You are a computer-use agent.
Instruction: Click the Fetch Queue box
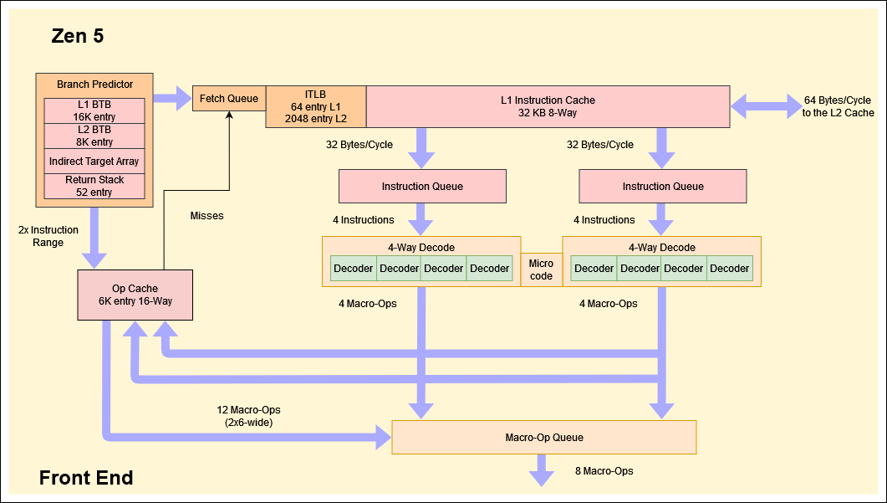(x=229, y=99)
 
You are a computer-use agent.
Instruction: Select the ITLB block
(x=315, y=106)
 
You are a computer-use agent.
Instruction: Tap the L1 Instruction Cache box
(x=548, y=106)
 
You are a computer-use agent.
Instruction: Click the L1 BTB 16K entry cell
(x=94, y=110)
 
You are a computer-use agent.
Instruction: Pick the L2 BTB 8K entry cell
(x=94, y=136)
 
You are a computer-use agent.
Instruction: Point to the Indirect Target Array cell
(x=94, y=161)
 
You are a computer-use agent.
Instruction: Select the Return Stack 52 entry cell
(x=94, y=186)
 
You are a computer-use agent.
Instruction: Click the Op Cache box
(x=135, y=295)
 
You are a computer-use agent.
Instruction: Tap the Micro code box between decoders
(x=541, y=269)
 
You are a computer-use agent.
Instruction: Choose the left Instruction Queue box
(x=422, y=186)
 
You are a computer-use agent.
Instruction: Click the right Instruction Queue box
(x=663, y=186)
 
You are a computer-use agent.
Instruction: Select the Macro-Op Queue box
(x=543, y=437)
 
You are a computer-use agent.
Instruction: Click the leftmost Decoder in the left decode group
(x=354, y=269)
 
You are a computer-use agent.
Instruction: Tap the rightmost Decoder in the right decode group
(x=730, y=269)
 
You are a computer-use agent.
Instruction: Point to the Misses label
(x=206, y=216)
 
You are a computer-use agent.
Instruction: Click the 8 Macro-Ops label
(x=604, y=471)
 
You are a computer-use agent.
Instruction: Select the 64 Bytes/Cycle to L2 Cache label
(x=838, y=106)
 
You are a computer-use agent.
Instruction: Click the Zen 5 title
(x=78, y=37)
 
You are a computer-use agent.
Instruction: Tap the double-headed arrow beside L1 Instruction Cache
(x=765, y=106)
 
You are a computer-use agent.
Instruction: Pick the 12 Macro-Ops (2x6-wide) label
(x=248, y=416)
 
